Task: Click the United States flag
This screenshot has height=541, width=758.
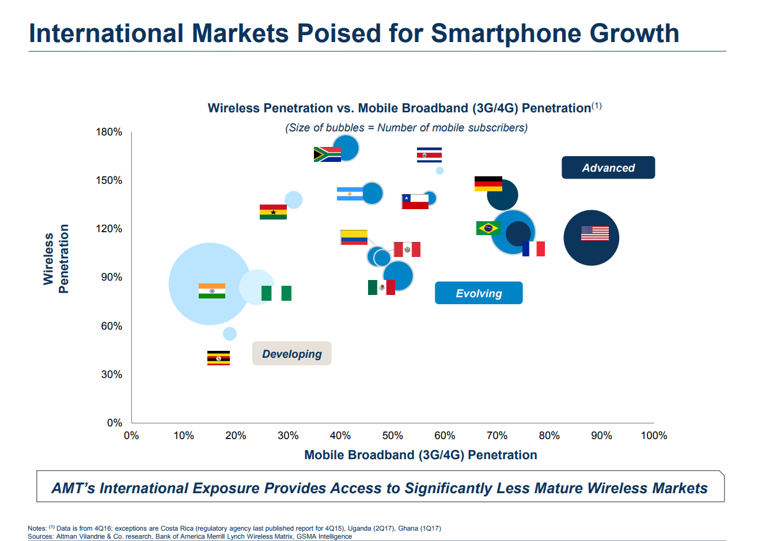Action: click(x=594, y=233)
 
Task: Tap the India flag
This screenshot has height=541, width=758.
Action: click(x=211, y=291)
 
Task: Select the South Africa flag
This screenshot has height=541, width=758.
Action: click(x=327, y=154)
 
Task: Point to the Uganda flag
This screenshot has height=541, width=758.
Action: click(x=218, y=358)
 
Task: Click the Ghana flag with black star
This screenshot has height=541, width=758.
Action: click(x=273, y=212)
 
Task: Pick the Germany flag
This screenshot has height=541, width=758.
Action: click(x=488, y=184)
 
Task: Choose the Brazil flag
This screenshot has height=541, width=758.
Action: click(x=488, y=228)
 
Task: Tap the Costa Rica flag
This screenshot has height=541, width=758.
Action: click(x=429, y=155)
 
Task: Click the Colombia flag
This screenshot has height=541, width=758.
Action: click(x=354, y=237)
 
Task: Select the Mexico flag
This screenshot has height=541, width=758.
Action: click(x=381, y=287)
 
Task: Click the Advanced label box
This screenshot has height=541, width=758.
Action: click(x=608, y=168)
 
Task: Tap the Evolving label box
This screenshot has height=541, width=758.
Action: click(x=478, y=293)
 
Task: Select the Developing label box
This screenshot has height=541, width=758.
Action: click(x=291, y=354)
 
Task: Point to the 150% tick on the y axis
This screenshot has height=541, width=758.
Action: click(x=109, y=180)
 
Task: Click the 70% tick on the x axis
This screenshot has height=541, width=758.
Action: click(x=497, y=436)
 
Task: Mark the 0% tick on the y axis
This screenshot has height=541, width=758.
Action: click(x=114, y=423)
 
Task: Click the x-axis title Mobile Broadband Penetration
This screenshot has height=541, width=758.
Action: click(x=420, y=455)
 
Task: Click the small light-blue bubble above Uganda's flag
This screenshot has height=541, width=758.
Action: click(x=229, y=334)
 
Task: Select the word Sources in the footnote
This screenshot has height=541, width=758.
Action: click(x=40, y=536)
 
